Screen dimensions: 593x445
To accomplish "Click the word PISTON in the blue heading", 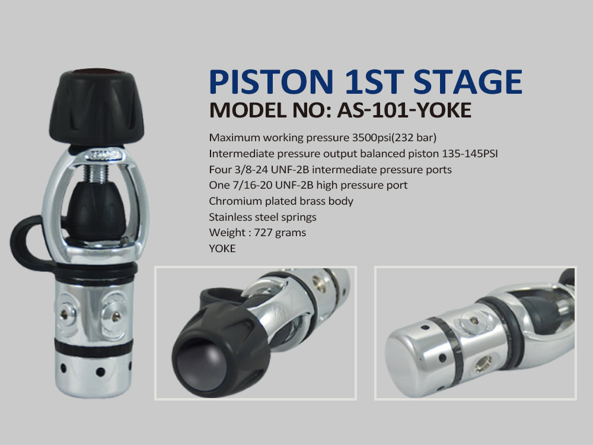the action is [271, 81].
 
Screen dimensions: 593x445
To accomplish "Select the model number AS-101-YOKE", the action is [404, 110].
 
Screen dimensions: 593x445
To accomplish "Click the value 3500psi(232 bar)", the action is [394, 138].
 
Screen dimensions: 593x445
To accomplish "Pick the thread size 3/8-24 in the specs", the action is [251, 170].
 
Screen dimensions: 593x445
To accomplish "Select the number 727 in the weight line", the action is [262, 233].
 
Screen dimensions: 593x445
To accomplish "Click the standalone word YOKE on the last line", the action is [222, 248].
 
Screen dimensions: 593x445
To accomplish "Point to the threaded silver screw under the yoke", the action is [95, 174].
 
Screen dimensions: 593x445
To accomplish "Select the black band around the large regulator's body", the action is [94, 347].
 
